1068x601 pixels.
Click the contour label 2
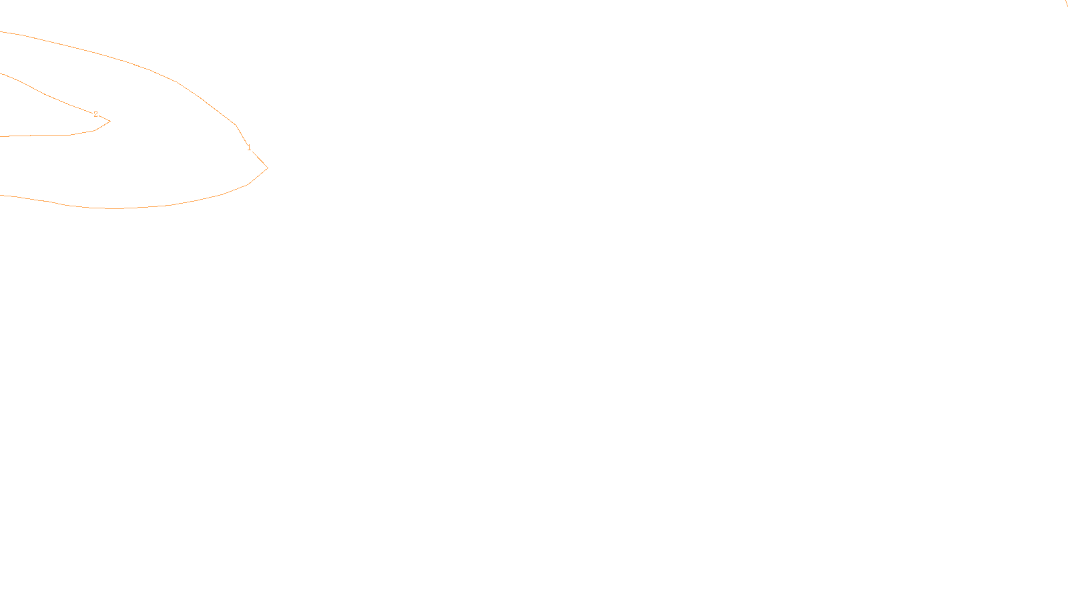click(95, 114)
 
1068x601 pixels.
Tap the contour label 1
click(249, 148)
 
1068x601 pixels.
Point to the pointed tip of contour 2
click(109, 122)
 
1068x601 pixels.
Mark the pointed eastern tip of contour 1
click(267, 168)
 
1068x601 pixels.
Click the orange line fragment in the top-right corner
click(1066, 3)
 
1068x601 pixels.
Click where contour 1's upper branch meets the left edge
click(1, 32)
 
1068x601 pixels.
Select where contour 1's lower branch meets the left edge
click(1, 195)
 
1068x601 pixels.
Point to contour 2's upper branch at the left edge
click(1, 74)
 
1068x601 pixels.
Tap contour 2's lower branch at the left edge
click(1, 136)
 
